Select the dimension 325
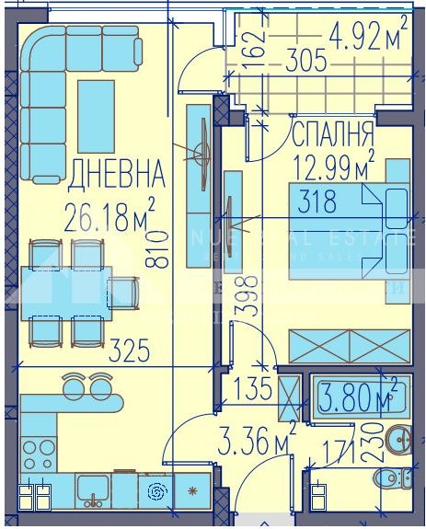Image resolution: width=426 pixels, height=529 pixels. [x=129, y=351]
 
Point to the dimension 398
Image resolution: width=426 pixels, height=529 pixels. [x=243, y=296]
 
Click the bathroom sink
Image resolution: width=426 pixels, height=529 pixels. [x=399, y=440]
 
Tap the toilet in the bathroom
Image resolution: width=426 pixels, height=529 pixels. [x=397, y=477]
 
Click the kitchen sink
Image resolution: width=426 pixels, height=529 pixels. [x=94, y=489]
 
